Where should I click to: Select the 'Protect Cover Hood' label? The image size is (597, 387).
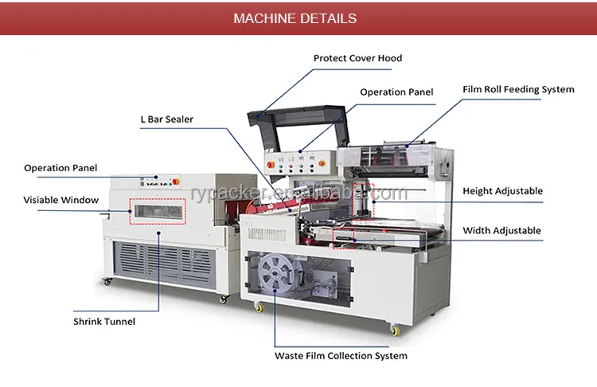point(357,58)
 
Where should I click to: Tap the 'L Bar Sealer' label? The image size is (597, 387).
point(166,119)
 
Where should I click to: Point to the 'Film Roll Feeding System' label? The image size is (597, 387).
point(518,89)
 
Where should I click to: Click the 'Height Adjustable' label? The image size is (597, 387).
point(502,191)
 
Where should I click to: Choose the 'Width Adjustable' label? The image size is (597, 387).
point(501,231)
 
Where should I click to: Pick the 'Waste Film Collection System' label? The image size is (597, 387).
point(341,356)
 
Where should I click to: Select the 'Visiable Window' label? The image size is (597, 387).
point(60,200)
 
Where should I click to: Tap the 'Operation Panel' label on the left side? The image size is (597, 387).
point(60,168)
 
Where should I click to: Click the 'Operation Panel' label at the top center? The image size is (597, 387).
point(396,92)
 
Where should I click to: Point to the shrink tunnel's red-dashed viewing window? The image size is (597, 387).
point(159,212)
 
